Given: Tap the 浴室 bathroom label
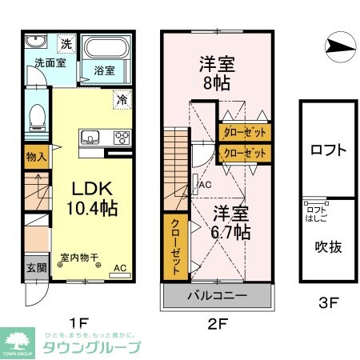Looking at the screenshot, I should point(104,70).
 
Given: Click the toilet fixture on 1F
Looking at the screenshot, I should point(35,119).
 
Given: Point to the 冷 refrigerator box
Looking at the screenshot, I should point(122,100).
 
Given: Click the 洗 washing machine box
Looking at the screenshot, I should point(68,42).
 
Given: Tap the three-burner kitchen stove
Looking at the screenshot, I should point(122,136).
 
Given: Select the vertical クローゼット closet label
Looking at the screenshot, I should point(172,248).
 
